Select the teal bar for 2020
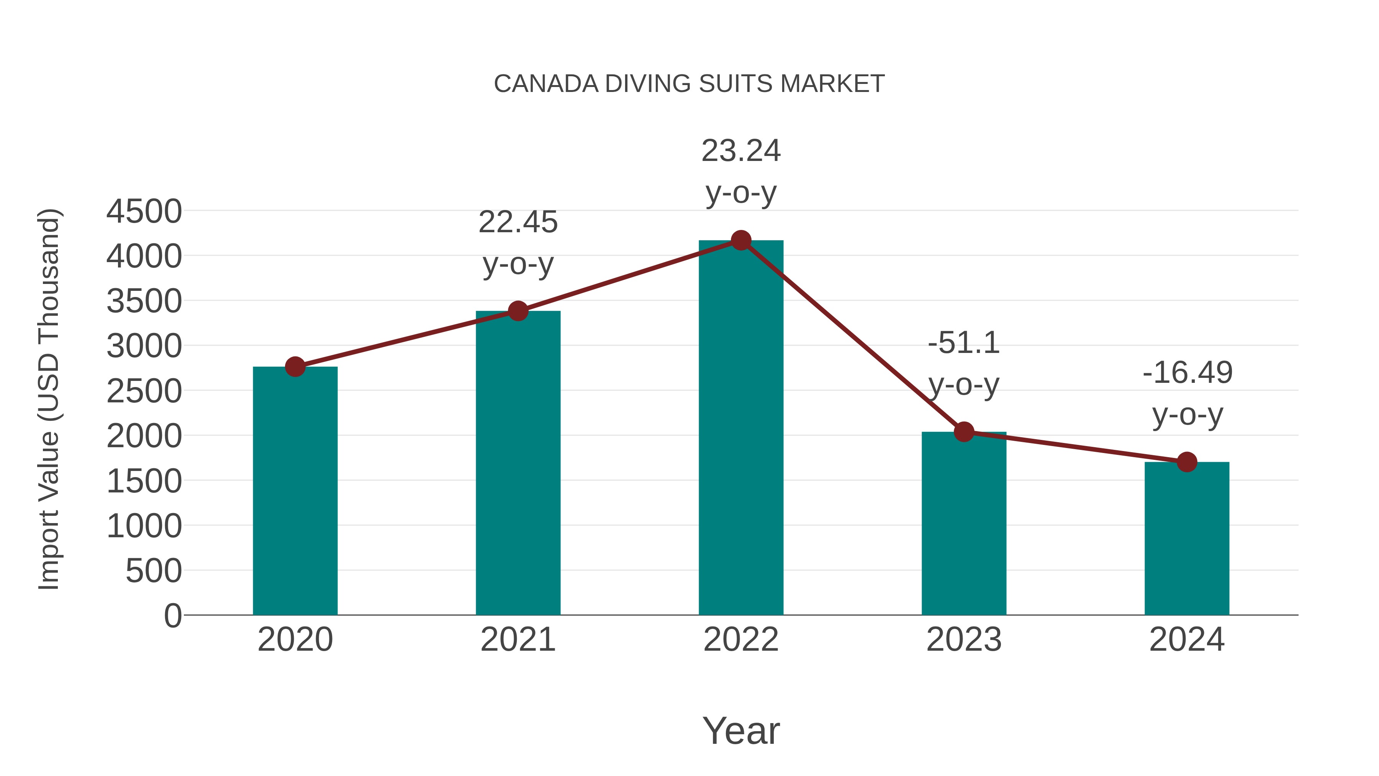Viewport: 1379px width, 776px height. coord(295,493)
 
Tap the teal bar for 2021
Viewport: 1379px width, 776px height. coord(518,466)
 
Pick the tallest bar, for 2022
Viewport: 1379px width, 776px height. coord(740,428)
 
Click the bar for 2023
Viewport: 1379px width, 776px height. coord(964,525)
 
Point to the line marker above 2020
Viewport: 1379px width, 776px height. coord(295,367)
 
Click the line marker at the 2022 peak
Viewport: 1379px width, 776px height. coord(740,240)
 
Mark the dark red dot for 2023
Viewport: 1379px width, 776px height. coord(964,431)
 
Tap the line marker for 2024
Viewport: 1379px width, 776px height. coord(1186,462)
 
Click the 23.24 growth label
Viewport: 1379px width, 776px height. coord(740,151)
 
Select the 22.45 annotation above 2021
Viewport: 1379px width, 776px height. coord(518,222)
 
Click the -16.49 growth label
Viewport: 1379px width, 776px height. coord(1187,373)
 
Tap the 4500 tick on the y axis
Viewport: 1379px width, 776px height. coord(144,211)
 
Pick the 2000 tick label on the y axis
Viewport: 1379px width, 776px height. coord(144,436)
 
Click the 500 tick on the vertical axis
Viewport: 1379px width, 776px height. coord(153,571)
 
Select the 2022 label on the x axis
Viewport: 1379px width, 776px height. coord(740,640)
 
